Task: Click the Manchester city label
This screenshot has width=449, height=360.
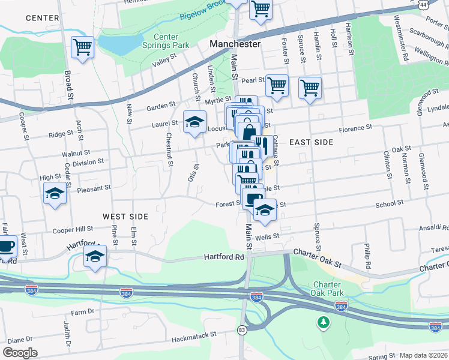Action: click(235, 44)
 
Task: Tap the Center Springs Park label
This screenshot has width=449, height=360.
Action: click(165, 41)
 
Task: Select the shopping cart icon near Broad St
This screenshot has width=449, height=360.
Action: click(82, 47)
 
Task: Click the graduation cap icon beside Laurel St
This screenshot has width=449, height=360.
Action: click(194, 122)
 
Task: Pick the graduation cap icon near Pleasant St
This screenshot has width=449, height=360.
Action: click(55, 193)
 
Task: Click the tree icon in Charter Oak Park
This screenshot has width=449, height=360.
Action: click(324, 323)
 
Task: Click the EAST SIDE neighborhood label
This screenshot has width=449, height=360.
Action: click(310, 142)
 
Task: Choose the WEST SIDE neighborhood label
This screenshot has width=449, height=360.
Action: click(125, 216)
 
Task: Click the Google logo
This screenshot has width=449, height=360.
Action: click(20, 352)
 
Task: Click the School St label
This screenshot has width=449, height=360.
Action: click(388, 204)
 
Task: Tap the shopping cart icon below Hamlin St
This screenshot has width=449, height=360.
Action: click(310, 88)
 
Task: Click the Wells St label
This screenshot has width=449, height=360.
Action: click(268, 237)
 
